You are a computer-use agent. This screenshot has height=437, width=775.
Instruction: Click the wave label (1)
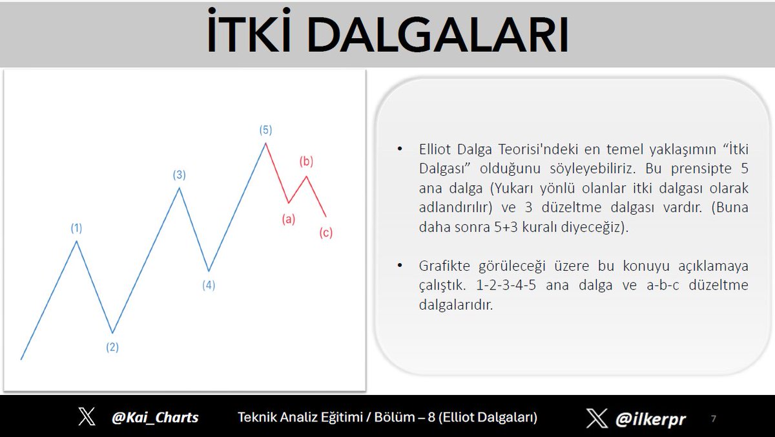(x=76, y=228)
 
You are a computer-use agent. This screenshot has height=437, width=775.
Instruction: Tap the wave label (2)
(x=112, y=347)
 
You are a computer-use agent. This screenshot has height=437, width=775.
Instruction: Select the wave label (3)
(x=180, y=175)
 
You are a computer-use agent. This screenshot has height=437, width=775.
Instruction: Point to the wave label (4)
(x=209, y=285)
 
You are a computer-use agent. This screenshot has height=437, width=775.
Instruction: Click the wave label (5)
(x=265, y=130)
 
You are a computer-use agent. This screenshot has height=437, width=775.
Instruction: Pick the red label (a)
(x=289, y=219)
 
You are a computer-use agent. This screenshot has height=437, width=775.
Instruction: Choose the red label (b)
(x=306, y=162)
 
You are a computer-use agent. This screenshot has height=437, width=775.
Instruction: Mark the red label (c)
(x=326, y=233)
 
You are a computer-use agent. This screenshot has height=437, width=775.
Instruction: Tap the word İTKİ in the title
(x=249, y=31)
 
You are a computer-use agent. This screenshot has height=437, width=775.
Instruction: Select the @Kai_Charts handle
(x=155, y=417)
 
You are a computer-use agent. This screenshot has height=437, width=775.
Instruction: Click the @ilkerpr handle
(x=650, y=419)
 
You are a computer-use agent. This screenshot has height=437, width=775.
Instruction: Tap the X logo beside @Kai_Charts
(x=87, y=416)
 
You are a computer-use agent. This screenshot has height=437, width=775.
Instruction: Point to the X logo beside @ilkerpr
(x=597, y=418)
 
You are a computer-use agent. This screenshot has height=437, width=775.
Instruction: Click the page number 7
(x=714, y=419)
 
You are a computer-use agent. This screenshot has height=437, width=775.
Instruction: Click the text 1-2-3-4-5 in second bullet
(x=506, y=285)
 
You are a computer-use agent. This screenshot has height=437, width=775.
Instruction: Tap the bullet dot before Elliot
(x=400, y=149)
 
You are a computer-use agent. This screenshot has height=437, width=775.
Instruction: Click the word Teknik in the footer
(x=258, y=417)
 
